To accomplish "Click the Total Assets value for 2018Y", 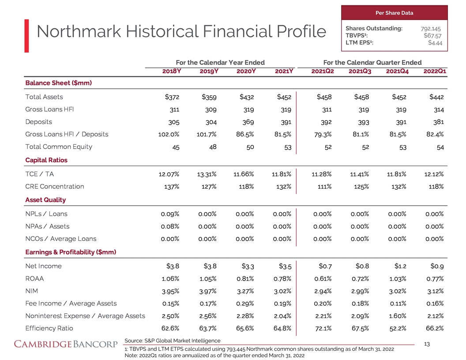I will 170,97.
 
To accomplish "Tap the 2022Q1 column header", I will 433,71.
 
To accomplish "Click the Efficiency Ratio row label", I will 49,328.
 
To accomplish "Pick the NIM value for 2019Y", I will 207,291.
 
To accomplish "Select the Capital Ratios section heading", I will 46,160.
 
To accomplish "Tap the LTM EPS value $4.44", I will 435,42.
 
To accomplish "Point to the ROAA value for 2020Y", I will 244,278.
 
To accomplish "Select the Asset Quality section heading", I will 45,200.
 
